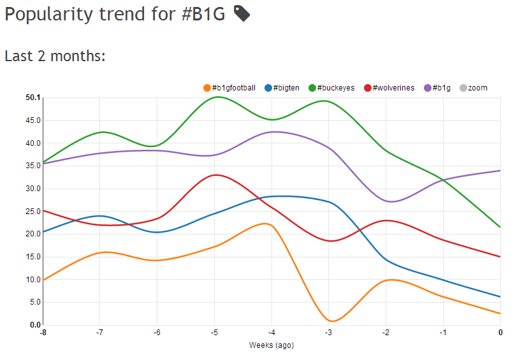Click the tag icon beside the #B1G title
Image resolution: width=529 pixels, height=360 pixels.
(242, 13)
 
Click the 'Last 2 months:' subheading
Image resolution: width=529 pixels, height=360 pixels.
(55, 56)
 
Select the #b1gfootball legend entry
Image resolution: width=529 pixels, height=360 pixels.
(229, 88)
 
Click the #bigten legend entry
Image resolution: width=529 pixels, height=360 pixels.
(282, 88)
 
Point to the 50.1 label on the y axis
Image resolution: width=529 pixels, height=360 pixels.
(33, 97)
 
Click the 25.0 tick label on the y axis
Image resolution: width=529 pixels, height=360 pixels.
(33, 212)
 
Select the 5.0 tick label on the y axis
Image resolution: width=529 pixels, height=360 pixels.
(35, 302)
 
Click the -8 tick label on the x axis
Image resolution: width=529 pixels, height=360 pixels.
(43, 333)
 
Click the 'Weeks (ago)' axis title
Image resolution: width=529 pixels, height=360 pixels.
(271, 345)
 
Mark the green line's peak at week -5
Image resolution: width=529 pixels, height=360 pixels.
(217, 97)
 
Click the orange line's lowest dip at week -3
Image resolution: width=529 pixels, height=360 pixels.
(332, 320)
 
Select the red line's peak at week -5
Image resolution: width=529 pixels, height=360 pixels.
(217, 175)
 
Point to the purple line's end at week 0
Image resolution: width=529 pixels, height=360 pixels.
(500, 170)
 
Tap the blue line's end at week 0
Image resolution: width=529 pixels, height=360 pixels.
(500, 296)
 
